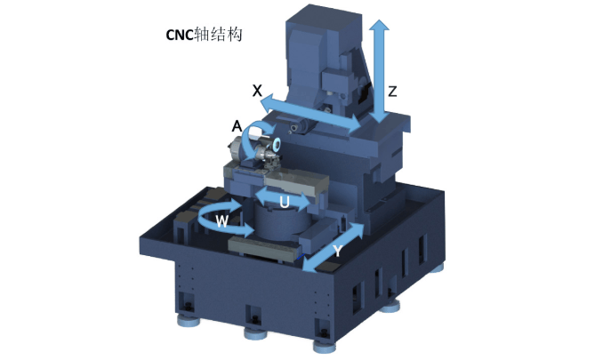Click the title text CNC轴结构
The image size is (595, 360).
[205, 35]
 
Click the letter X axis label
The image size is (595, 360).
[257, 91]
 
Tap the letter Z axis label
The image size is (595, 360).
[392, 92]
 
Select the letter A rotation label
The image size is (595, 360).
[237, 125]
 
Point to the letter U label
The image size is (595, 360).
[285, 202]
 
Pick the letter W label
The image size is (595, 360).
[222, 220]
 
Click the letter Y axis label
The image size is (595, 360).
[337, 251]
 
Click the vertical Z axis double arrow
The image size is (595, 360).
[380, 71]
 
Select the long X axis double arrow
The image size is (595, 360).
[310, 113]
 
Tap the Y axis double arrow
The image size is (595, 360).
[333, 248]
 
